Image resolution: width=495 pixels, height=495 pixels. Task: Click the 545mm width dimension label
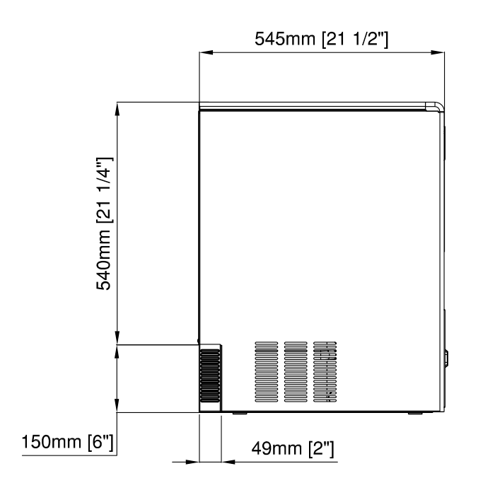(321, 39)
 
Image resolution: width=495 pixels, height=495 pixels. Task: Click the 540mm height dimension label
(104, 223)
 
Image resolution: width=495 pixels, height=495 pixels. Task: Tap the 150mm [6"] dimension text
(67, 442)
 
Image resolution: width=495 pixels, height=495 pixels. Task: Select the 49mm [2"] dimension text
(292, 448)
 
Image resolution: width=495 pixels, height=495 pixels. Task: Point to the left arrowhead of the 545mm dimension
(206, 52)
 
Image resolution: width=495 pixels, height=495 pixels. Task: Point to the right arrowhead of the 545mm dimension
(438, 52)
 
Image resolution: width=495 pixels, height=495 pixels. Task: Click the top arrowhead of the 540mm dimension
(117, 109)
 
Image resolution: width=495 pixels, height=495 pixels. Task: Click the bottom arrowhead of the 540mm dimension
(117, 337)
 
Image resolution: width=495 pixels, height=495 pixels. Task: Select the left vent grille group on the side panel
(267, 372)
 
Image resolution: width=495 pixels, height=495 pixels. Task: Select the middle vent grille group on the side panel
(296, 372)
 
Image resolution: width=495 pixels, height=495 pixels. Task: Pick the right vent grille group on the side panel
(325, 372)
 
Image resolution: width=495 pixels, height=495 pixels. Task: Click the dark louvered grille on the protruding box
(209, 375)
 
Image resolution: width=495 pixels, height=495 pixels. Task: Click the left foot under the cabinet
(240, 413)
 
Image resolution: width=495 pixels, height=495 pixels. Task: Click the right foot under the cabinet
(415, 413)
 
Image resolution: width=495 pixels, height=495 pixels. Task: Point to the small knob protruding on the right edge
(446, 359)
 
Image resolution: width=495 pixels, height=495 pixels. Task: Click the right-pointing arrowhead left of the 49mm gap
(192, 462)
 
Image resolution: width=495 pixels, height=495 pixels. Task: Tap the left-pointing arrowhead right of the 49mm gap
(228, 462)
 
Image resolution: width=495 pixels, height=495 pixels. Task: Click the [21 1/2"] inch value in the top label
(355, 40)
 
